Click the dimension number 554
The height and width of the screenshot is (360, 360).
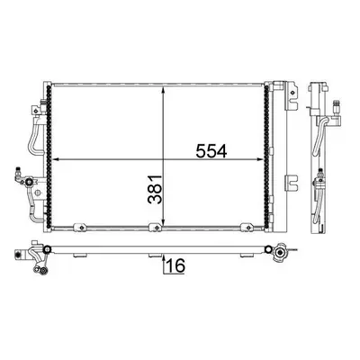coord(211,151)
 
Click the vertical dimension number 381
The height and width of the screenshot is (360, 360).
coord(155,189)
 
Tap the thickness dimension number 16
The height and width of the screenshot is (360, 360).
coord(175,265)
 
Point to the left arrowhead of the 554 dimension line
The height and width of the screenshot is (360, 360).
coord(56,159)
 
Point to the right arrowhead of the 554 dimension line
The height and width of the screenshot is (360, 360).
coord(260,159)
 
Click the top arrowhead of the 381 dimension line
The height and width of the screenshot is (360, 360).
coord(163,91)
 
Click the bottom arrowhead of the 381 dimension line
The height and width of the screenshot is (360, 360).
coord(163,221)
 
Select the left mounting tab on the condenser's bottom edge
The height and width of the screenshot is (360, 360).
coord(80,228)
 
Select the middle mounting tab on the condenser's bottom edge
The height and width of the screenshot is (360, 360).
coord(156,228)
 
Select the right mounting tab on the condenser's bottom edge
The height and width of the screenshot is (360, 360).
coord(247,228)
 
